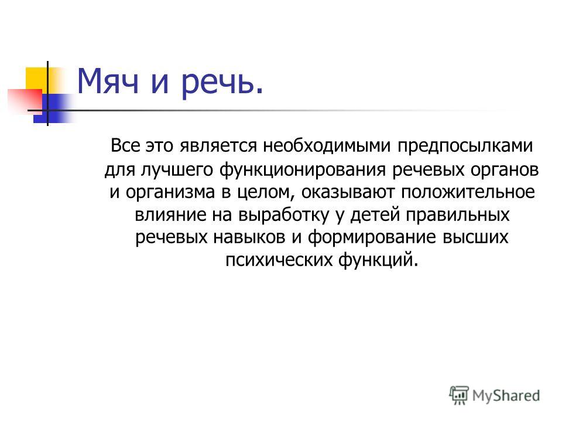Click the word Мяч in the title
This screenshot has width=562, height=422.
(x=108, y=81)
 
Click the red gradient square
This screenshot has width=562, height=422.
(x=25, y=100)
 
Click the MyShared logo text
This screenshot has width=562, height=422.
(x=506, y=396)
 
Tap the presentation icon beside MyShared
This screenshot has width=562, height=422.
(x=459, y=395)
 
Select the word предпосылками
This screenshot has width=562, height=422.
(x=465, y=147)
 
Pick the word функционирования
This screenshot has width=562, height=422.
(x=302, y=170)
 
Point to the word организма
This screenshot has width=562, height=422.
(x=170, y=193)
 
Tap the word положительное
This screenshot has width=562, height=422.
(x=468, y=192)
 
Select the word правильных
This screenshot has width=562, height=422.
(x=458, y=215)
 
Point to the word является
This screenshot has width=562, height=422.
(x=218, y=147)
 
